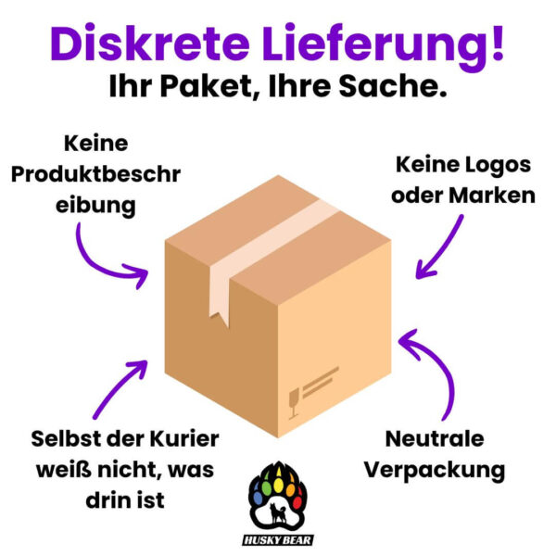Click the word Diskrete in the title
pyautogui.click(x=149, y=43)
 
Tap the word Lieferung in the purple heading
pyautogui.click(x=373, y=47)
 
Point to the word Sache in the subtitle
pyautogui.click(x=393, y=86)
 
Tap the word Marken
pyautogui.click(x=492, y=196)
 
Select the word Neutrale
pyautogui.click(x=435, y=439)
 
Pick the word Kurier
pyautogui.click(x=184, y=439)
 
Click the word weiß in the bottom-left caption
pyautogui.click(x=64, y=470)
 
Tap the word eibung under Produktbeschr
pyautogui.click(x=95, y=206)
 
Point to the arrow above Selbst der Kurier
pyautogui.click(x=120, y=389)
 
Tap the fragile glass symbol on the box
pyautogui.click(x=294, y=403)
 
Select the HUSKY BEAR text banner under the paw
pyautogui.click(x=278, y=540)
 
